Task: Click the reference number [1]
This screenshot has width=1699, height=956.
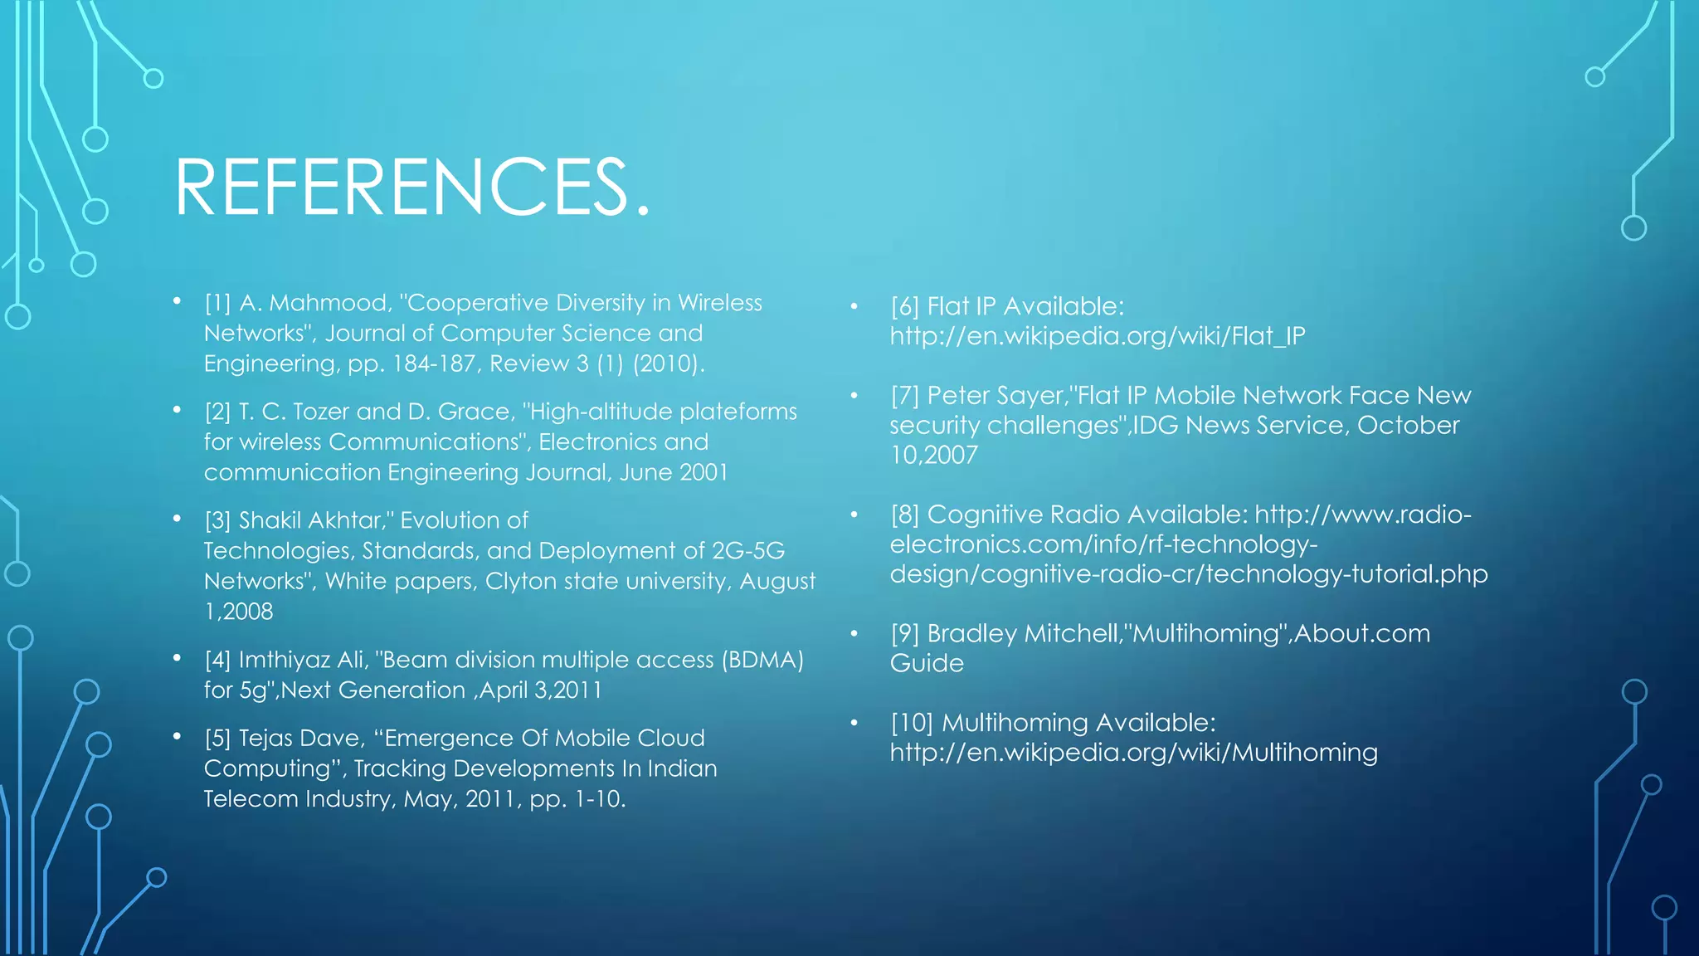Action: click(x=217, y=303)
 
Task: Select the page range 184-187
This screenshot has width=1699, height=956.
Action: click(x=434, y=363)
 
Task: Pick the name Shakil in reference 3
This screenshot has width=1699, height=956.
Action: click(x=270, y=520)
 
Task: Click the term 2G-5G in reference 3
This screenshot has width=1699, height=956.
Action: click(x=748, y=551)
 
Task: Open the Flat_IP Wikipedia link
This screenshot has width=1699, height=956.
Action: click(x=1098, y=336)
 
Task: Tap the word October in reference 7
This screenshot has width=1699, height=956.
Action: click(x=1408, y=425)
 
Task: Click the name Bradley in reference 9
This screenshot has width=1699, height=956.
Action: click(x=972, y=633)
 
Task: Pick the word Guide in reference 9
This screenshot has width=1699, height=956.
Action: click(x=927, y=663)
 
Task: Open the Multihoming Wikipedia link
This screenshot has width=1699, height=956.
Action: click(x=1133, y=753)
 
